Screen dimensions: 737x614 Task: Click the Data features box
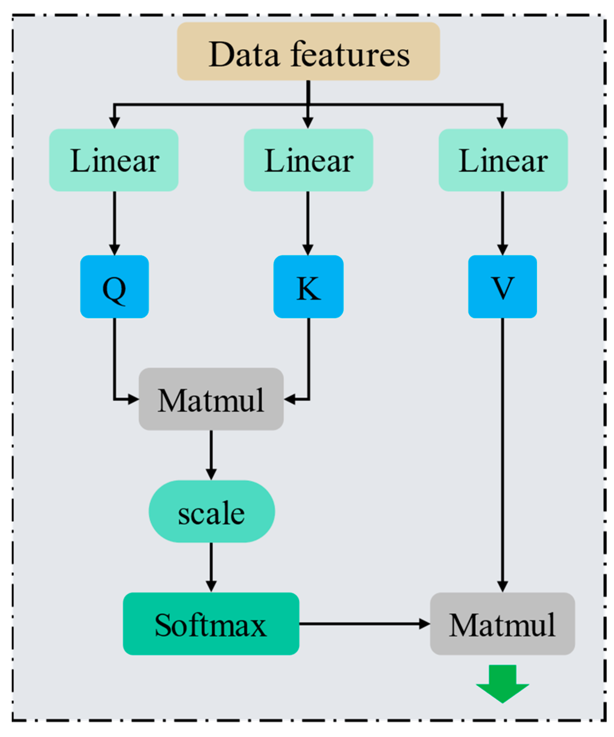pyautogui.click(x=308, y=51)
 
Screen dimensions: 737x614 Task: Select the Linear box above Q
pyautogui.click(x=114, y=160)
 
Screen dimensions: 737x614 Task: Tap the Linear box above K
pyautogui.click(x=308, y=160)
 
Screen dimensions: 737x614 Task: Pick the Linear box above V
pyautogui.click(x=503, y=160)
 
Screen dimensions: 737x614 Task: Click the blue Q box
pyautogui.click(x=114, y=286)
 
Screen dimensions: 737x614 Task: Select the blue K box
pyautogui.click(x=308, y=286)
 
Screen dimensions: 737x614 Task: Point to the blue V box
pyautogui.click(x=502, y=286)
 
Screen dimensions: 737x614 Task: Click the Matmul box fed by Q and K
pyautogui.click(x=211, y=399)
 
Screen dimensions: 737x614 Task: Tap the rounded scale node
pyautogui.click(x=211, y=511)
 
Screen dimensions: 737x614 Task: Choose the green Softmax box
pyautogui.click(x=211, y=624)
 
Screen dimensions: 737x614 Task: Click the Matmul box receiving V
pyautogui.click(x=502, y=624)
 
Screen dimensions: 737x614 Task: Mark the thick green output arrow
pyautogui.click(x=502, y=683)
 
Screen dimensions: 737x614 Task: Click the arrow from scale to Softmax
pyautogui.click(x=211, y=567)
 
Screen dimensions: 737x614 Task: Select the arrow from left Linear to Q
pyautogui.click(x=114, y=223)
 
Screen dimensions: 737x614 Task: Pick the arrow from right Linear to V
pyautogui.click(x=502, y=223)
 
